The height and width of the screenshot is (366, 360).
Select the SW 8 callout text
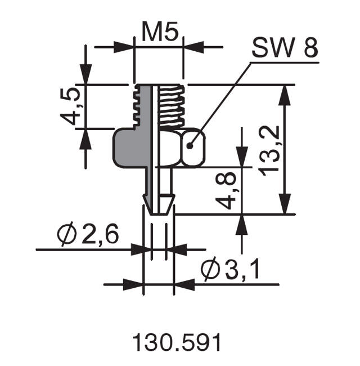coord(284,50)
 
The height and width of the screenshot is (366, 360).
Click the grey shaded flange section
coord(129,148)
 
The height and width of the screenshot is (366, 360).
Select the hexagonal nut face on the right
coord(192,148)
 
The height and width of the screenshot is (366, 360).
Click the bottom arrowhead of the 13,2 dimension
coord(286,203)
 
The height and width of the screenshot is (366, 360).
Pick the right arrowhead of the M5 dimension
coord(193,47)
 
